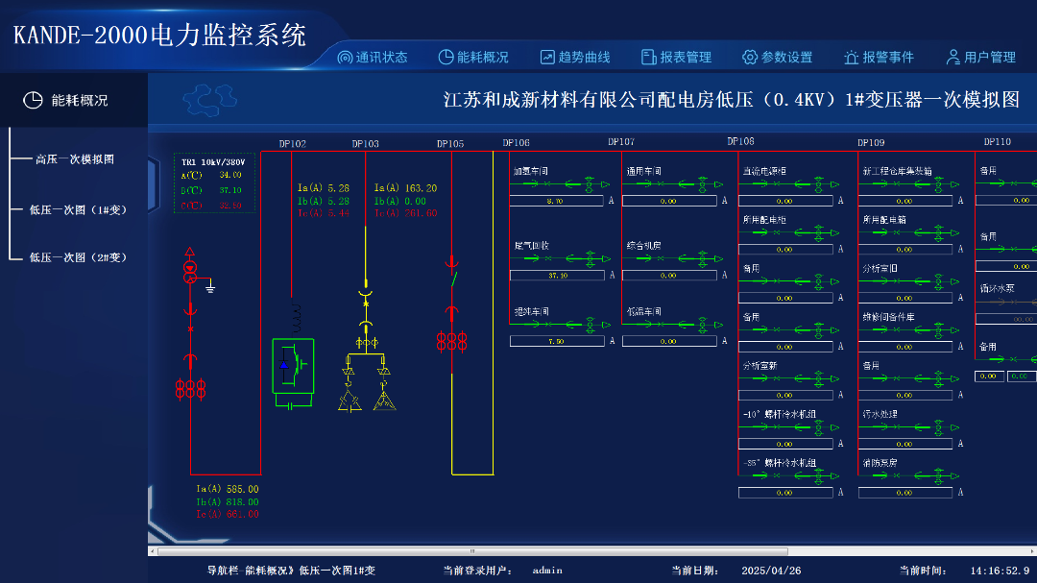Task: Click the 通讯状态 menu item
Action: coord(373,58)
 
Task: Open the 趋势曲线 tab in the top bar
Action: coord(575,58)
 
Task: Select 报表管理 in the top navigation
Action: coord(677,58)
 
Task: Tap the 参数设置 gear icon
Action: coord(751,58)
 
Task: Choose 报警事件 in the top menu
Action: coord(880,58)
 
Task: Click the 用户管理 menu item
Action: coord(980,58)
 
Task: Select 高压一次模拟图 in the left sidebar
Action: coord(75,159)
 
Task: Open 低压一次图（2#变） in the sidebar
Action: coord(78,257)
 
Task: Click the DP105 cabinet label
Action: coord(450,144)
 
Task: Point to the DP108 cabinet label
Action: coord(740,141)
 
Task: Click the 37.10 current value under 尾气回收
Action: coord(558,276)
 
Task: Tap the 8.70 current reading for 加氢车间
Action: coord(555,202)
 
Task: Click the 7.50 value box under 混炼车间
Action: coord(556,342)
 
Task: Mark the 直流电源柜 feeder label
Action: coord(764,172)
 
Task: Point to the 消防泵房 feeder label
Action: coord(880,463)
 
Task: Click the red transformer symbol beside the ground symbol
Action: coord(190,271)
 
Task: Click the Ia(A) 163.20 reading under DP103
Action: coord(405,188)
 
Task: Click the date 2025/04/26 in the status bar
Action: coord(771,571)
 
